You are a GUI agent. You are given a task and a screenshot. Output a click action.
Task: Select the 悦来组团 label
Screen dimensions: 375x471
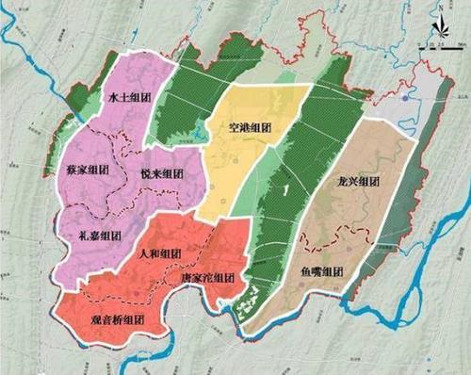[161, 176]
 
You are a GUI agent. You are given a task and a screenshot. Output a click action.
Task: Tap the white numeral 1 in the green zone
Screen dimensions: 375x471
[284, 191]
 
